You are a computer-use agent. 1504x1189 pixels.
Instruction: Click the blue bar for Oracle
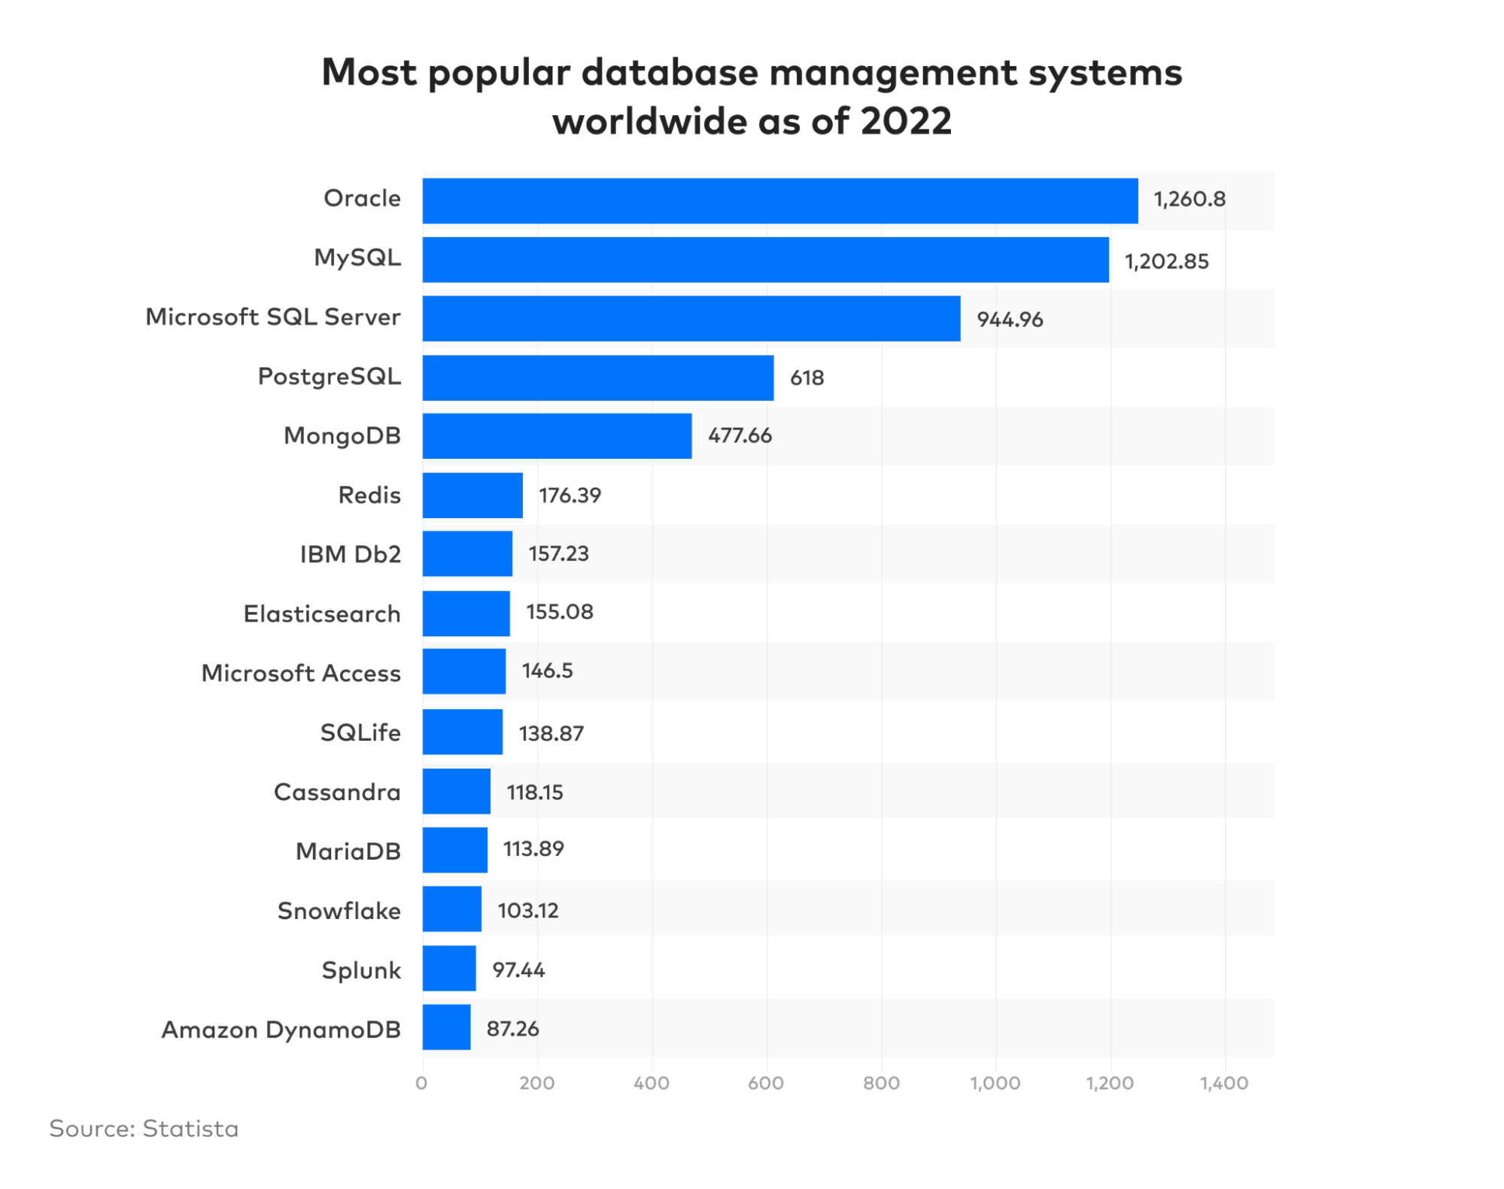[x=779, y=201]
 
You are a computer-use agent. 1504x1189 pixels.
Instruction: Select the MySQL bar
[x=765, y=260]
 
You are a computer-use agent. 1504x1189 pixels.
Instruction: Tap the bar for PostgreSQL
[x=597, y=378]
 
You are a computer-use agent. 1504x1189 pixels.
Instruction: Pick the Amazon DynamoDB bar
[x=446, y=1027]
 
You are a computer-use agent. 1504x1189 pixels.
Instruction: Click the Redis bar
[x=472, y=496]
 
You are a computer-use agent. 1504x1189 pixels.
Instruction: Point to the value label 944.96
[x=1010, y=320]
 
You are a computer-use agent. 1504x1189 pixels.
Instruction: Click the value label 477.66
[x=740, y=436]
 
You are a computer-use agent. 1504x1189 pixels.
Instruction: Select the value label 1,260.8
[x=1190, y=199]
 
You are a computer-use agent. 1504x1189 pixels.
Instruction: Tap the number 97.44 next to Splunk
[x=518, y=970]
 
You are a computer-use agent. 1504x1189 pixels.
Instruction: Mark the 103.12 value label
[x=527, y=911]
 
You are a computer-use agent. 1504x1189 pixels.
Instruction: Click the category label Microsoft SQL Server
[x=272, y=317]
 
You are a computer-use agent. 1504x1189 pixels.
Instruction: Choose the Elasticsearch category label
[x=321, y=614]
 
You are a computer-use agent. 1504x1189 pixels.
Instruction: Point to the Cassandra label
[x=336, y=793]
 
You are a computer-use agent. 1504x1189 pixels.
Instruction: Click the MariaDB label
[x=348, y=851]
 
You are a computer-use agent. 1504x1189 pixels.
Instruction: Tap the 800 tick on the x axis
[x=881, y=1084]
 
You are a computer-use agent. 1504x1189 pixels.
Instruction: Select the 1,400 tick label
[x=1223, y=1084]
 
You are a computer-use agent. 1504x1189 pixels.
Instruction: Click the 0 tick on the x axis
[x=421, y=1084]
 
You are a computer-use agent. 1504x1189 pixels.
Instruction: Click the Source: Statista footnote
[x=144, y=1129]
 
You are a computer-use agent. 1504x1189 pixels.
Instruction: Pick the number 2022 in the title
[x=906, y=121]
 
